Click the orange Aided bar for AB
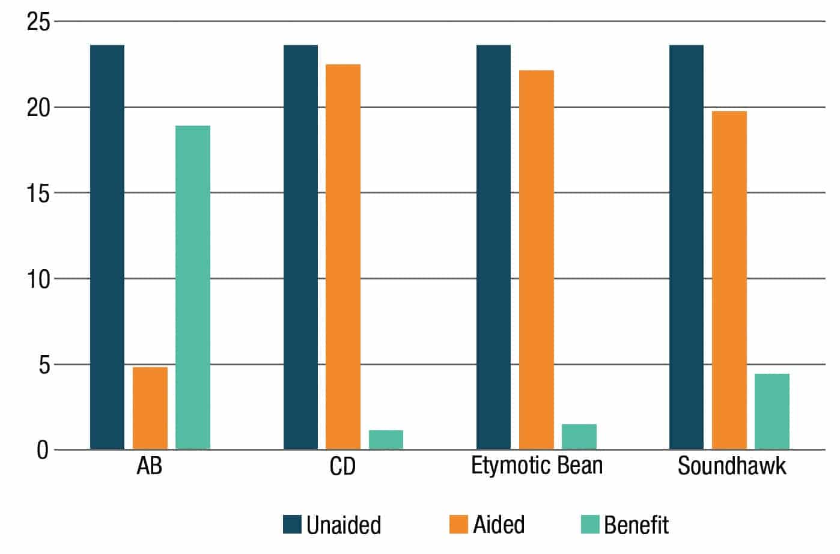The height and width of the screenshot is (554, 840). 150,409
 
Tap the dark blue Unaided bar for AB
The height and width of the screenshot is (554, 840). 107,247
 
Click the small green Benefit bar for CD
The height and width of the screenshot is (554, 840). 386,440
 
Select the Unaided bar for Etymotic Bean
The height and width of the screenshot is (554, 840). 493,247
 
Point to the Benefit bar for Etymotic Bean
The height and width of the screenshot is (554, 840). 579,437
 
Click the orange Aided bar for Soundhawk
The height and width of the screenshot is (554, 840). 729,280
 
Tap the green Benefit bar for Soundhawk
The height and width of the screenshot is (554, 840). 772,412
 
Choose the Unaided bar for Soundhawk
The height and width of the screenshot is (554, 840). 686,247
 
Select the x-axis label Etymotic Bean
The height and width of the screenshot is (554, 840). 537,466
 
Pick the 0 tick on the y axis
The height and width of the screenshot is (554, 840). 42,450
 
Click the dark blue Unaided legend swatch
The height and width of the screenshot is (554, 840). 292,524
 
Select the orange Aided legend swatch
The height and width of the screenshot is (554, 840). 458,524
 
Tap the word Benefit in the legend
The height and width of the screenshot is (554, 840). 636,525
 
